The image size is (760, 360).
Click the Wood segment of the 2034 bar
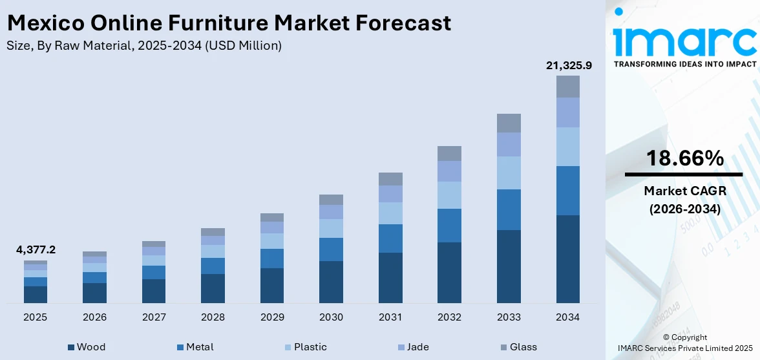point(568,259)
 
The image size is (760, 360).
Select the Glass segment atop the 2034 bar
point(568,87)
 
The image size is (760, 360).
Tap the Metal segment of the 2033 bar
point(509,209)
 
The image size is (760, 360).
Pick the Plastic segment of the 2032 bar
point(449,195)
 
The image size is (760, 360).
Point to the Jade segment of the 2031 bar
point(390,194)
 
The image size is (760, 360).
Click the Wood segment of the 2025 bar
point(36,295)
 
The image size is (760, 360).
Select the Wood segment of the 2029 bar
point(272,286)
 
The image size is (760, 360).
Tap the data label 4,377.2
point(36,249)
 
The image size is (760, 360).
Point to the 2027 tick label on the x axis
point(154,317)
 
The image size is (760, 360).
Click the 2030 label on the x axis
point(331,317)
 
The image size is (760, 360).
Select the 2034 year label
point(568,317)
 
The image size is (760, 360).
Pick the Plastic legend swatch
point(288,348)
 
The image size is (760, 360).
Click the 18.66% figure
point(683,158)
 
